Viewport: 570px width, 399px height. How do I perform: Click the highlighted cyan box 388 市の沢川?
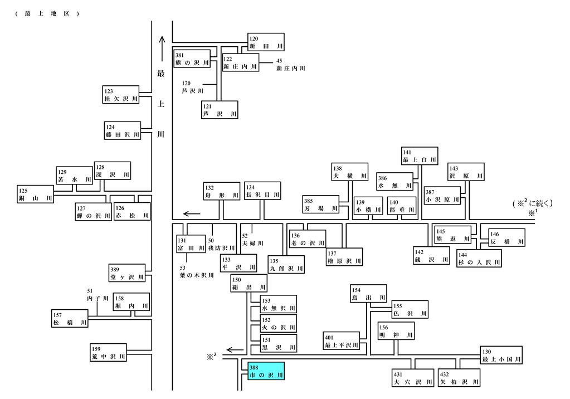tap(266, 371)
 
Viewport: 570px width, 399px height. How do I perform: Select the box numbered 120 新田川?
tap(266, 42)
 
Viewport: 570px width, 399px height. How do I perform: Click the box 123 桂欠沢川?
tap(121, 95)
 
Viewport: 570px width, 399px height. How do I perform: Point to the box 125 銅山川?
tap(35, 194)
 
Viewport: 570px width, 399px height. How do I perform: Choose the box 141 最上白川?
tap(420, 156)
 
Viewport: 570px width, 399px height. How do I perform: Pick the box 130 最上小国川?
tap(501, 355)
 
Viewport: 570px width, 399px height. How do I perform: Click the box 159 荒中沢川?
tap(108, 352)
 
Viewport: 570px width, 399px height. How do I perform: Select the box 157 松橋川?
tap(70, 319)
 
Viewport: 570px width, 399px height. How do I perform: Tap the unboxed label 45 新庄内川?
tap(290, 65)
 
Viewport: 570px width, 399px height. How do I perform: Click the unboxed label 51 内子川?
tap(98, 295)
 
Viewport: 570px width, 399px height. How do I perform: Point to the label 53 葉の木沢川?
tap(197, 272)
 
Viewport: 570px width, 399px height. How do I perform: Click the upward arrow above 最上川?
tap(162, 48)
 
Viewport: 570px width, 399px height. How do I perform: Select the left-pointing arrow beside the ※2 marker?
tap(235, 351)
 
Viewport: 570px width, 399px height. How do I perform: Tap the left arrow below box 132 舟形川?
tap(192, 214)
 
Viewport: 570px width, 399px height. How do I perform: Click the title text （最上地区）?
tap(47, 14)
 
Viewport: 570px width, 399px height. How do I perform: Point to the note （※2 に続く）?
tap(533, 203)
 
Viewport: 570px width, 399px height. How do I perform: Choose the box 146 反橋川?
tap(506, 238)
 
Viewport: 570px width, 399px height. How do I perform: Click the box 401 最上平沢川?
tap(342, 341)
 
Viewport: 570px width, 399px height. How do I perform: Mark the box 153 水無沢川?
tap(279, 304)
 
